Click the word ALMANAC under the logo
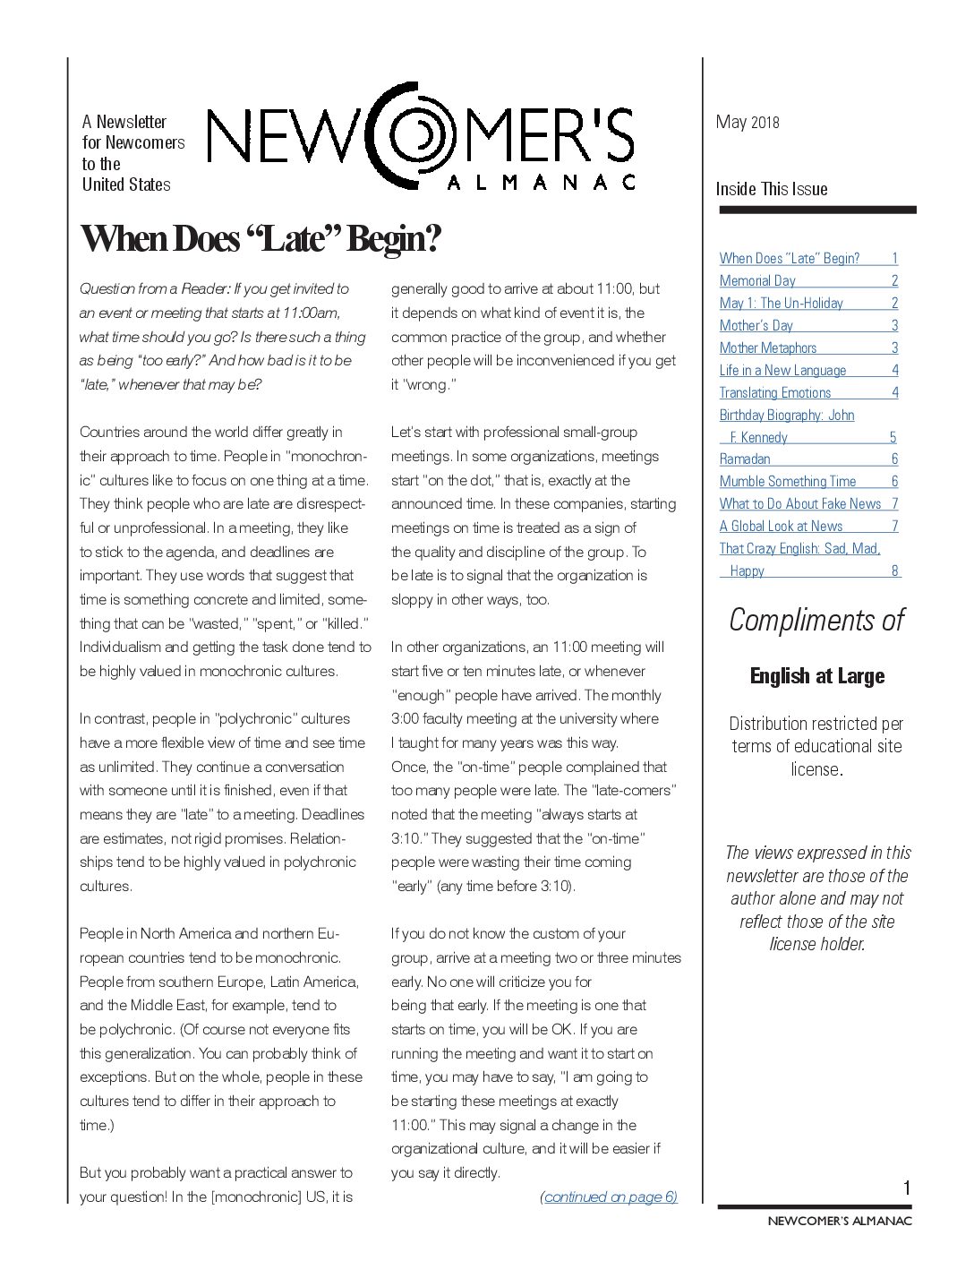(541, 182)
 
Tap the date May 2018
(748, 122)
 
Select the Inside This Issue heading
(772, 189)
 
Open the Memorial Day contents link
(757, 280)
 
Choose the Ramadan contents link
(745, 459)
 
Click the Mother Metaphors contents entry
(768, 347)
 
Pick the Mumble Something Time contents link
(788, 481)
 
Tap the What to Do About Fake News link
(800, 503)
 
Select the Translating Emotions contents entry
(775, 392)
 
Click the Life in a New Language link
(782, 370)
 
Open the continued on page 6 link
(609, 1197)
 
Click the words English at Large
(817, 676)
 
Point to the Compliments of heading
(816, 620)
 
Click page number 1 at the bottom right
(906, 1188)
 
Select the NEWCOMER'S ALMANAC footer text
(840, 1220)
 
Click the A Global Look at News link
(782, 526)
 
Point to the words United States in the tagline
(126, 184)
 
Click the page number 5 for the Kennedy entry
(893, 437)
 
